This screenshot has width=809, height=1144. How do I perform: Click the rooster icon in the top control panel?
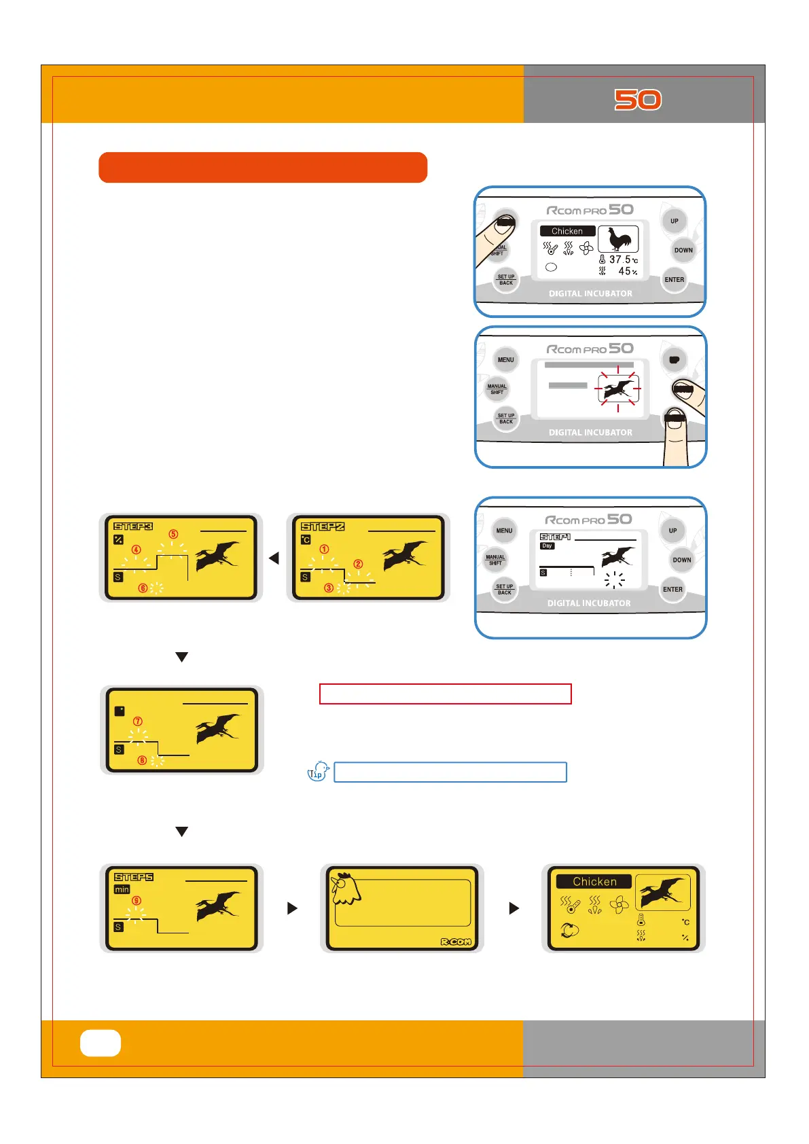(x=618, y=238)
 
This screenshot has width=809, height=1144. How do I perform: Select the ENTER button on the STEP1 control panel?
(x=672, y=590)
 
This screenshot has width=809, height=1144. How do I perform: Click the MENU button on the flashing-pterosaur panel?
(x=505, y=360)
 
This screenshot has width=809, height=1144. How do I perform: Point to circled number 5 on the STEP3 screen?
(x=173, y=534)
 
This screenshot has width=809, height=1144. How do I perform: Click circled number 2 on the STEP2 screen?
(x=358, y=564)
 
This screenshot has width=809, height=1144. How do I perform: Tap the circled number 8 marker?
(x=142, y=760)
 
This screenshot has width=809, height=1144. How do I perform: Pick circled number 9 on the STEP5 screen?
(x=137, y=901)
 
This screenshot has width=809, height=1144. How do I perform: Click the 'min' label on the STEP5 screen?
(x=122, y=889)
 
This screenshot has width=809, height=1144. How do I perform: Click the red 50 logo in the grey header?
(x=638, y=100)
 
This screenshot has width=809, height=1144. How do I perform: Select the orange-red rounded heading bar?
(x=263, y=167)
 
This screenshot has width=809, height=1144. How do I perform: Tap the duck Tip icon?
(x=318, y=772)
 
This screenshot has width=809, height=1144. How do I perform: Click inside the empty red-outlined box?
(x=445, y=694)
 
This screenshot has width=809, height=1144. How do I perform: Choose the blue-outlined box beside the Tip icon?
(x=450, y=772)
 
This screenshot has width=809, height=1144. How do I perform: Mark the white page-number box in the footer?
(x=101, y=1043)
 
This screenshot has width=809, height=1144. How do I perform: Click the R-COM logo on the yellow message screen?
(x=455, y=942)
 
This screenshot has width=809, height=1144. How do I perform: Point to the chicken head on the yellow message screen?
(x=345, y=889)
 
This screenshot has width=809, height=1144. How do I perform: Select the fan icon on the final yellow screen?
(x=619, y=905)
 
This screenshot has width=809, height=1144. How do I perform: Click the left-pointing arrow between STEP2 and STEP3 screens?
(x=274, y=558)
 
